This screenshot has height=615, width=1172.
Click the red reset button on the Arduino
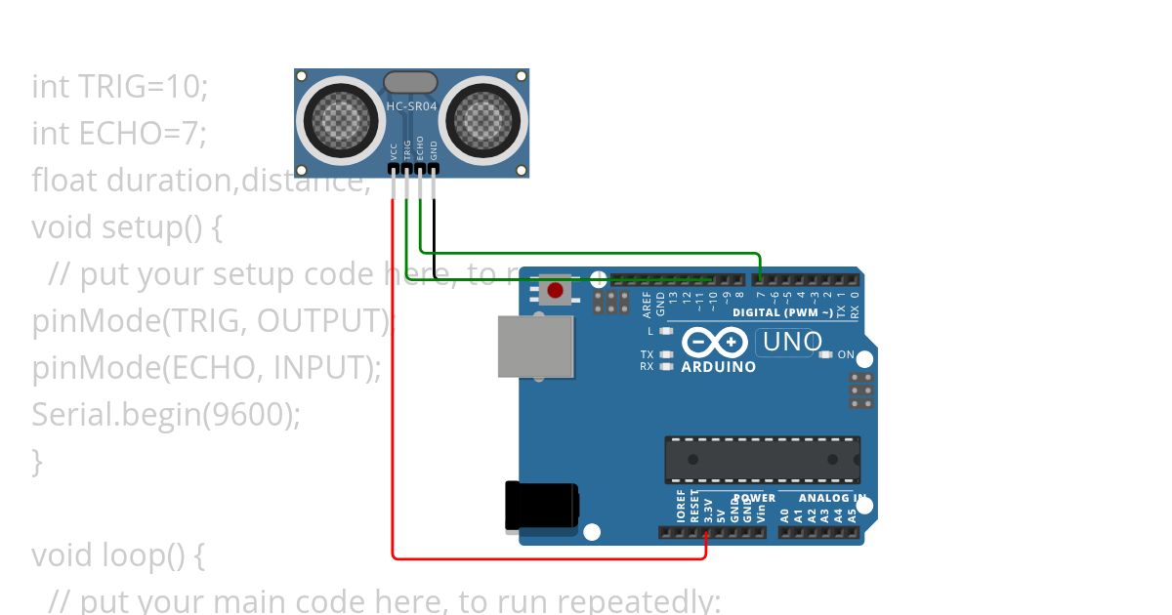[555, 290]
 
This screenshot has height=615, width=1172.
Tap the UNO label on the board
[792, 342]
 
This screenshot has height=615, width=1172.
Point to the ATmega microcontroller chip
[762, 460]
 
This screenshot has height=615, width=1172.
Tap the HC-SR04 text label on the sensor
[411, 105]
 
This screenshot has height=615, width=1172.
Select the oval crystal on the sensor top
[411, 82]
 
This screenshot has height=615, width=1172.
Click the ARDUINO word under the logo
[718, 367]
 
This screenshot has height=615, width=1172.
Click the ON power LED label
[846, 354]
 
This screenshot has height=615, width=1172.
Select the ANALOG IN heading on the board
[831, 498]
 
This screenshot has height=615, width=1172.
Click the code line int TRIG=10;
[120, 87]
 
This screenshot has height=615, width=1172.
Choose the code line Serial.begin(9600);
[166, 414]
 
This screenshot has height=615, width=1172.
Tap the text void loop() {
[117, 554]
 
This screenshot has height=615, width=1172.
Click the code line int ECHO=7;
[119, 133]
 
